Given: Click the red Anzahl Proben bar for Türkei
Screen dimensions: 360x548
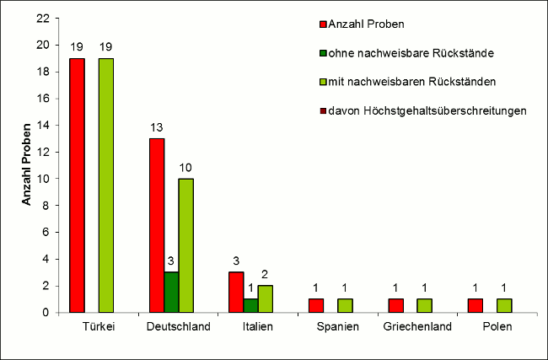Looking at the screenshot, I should pyautogui.click(x=78, y=185).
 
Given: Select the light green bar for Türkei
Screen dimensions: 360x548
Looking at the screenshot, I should pyautogui.click(x=106, y=185).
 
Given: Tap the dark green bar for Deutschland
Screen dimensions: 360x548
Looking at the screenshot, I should pyautogui.click(x=171, y=292).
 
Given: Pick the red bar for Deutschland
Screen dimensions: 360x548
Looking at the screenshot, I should pyautogui.click(x=157, y=225).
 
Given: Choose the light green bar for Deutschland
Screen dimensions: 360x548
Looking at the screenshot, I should pyautogui.click(x=185, y=245).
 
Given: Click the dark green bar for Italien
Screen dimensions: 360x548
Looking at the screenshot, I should pyautogui.click(x=250, y=305).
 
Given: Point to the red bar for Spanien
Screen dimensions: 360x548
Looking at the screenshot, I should pyautogui.click(x=316, y=305).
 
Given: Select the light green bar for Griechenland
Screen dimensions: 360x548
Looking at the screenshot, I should pyautogui.click(x=424, y=305).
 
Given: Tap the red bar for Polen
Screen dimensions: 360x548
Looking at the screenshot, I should pyautogui.click(x=475, y=305).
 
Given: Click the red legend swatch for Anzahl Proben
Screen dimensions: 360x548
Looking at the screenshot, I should pyautogui.click(x=324, y=24).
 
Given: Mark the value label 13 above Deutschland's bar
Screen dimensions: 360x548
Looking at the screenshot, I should pyautogui.click(x=157, y=127).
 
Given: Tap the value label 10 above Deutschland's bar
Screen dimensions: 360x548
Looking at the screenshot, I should pyautogui.click(x=186, y=168).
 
